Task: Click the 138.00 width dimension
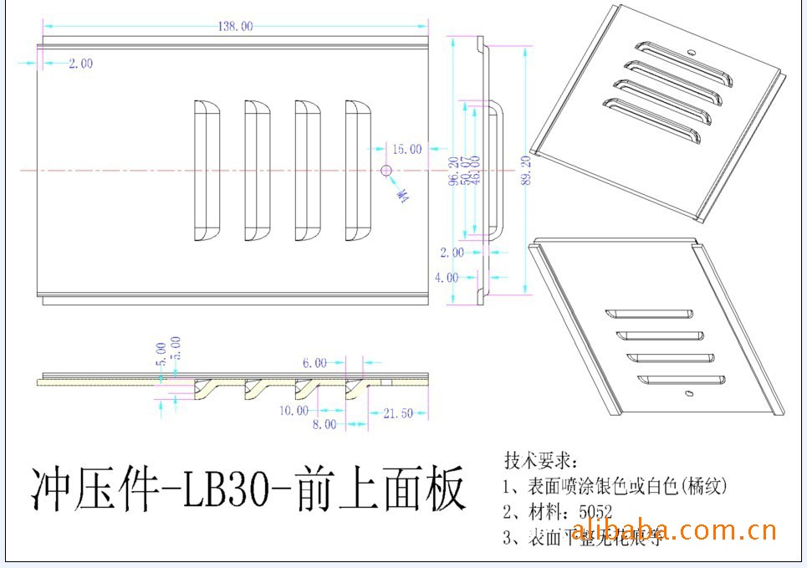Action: point(235,27)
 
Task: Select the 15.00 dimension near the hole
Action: point(406,149)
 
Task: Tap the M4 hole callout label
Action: point(403,195)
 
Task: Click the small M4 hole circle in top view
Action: point(386,171)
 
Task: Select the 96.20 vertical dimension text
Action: point(453,171)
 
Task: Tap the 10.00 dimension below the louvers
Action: point(294,411)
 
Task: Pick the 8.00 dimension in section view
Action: point(324,424)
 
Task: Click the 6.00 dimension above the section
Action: point(314,363)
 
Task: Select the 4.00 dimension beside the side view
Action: point(447,277)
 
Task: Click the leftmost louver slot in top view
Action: point(206,170)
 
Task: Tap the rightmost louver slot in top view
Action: point(358,170)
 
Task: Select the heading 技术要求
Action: point(539,461)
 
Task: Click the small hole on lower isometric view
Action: point(688,391)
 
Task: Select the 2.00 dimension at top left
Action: point(80,64)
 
